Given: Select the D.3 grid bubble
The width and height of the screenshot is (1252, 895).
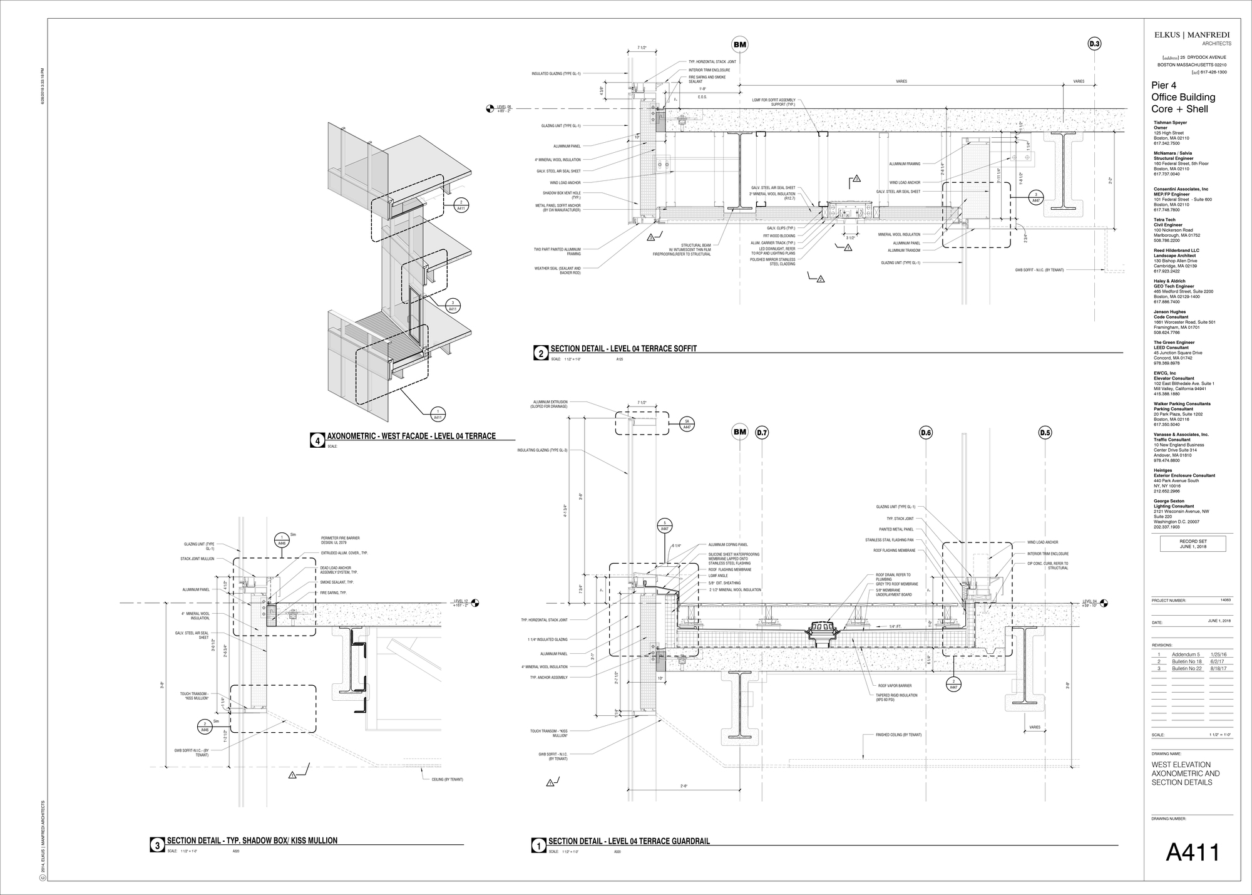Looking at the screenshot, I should [1094, 44].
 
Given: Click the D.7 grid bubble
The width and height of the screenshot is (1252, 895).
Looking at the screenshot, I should [762, 432].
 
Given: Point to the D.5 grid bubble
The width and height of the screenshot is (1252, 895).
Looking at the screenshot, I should [1045, 432].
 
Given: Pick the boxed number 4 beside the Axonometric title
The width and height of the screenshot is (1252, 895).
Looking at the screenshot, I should [318, 441].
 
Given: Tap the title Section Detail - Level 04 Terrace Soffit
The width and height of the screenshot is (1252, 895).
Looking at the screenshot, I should [623, 349].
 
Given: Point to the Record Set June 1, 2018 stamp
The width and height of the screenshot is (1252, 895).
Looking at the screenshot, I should [1193, 544].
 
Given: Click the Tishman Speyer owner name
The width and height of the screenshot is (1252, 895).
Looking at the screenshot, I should [1170, 123].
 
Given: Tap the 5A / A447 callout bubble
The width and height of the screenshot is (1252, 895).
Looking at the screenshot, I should [687, 424].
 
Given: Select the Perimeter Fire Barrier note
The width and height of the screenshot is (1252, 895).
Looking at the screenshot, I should [340, 540].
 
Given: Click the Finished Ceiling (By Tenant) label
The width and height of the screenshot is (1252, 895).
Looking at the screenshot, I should [898, 735].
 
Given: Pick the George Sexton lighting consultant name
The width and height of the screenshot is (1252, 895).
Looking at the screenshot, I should [1168, 501].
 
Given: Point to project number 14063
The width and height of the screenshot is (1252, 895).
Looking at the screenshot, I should [1225, 600].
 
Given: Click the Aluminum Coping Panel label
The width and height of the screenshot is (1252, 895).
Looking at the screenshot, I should [728, 545].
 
